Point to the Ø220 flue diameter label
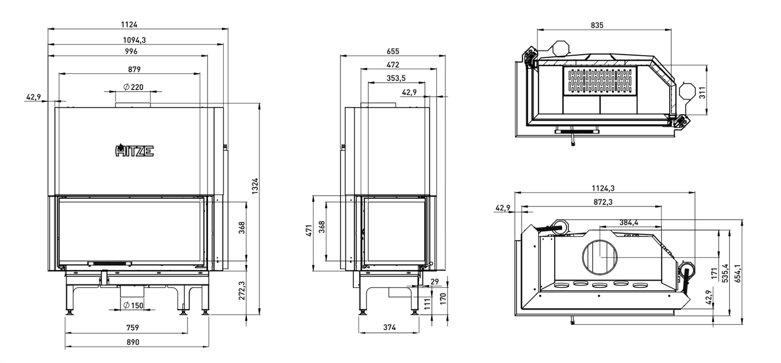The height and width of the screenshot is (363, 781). click(133, 87)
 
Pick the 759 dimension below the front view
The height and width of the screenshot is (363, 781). click(132, 327)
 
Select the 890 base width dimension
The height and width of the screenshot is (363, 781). click(132, 342)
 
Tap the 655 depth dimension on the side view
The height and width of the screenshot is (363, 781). click(392, 51)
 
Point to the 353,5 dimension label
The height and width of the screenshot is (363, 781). click(396, 78)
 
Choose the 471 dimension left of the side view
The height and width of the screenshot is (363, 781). click(309, 231)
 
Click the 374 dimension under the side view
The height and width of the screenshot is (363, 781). click(389, 327)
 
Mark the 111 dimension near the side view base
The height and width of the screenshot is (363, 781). click(427, 305)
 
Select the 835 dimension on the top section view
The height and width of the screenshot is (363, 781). click(597, 25)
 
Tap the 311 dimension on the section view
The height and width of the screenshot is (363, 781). click(702, 93)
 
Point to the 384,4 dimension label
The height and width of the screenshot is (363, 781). click(629, 222)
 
